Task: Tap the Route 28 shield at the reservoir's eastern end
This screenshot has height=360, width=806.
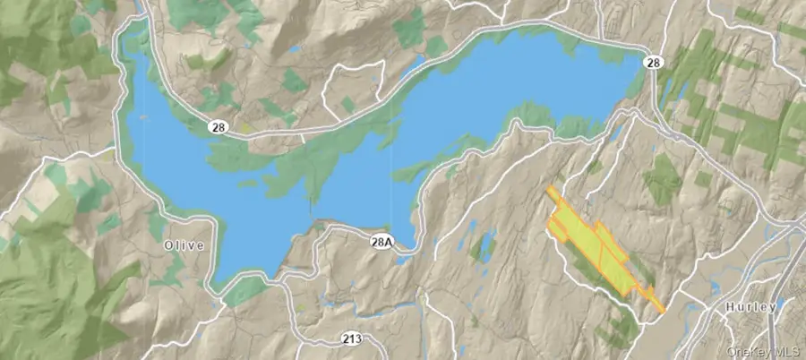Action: point(654,61)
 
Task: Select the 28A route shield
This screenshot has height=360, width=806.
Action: point(381,242)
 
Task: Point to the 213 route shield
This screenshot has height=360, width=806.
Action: point(350,339)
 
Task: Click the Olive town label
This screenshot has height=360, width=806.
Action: point(184,244)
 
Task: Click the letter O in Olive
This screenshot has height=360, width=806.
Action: point(168,244)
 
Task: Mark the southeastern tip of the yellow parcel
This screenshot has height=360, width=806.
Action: point(663,311)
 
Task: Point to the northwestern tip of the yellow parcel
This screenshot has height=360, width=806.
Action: point(549,189)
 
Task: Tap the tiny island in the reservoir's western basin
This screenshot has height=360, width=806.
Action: point(243,184)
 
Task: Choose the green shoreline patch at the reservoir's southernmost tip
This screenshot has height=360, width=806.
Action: point(242,291)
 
